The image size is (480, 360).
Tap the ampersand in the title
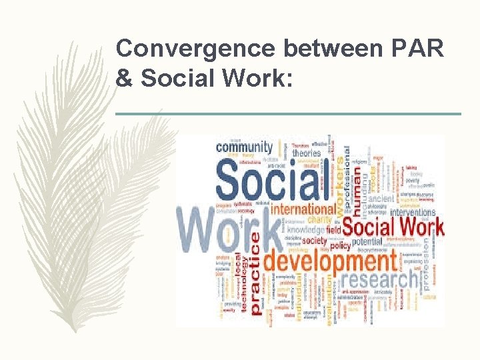(124, 78)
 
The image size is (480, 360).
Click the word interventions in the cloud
(413, 212)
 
